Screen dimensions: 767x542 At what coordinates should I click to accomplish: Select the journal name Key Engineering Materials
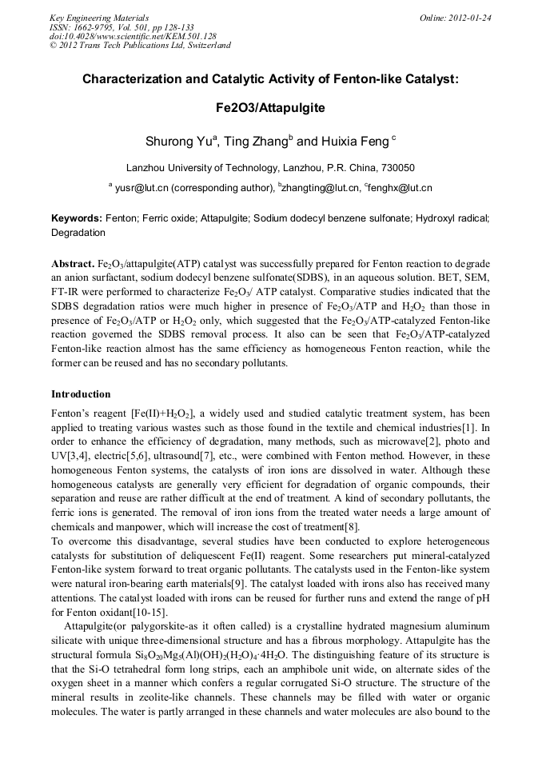coord(99,17)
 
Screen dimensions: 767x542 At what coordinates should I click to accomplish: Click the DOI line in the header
coord(133,36)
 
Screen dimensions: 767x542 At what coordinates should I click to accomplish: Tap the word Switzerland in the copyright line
coord(207,46)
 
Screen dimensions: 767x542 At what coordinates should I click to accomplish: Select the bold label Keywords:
coord(77,218)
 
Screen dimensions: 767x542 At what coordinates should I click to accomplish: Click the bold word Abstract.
coord(73,264)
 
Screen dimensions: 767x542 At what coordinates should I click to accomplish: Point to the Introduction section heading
coord(81,394)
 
